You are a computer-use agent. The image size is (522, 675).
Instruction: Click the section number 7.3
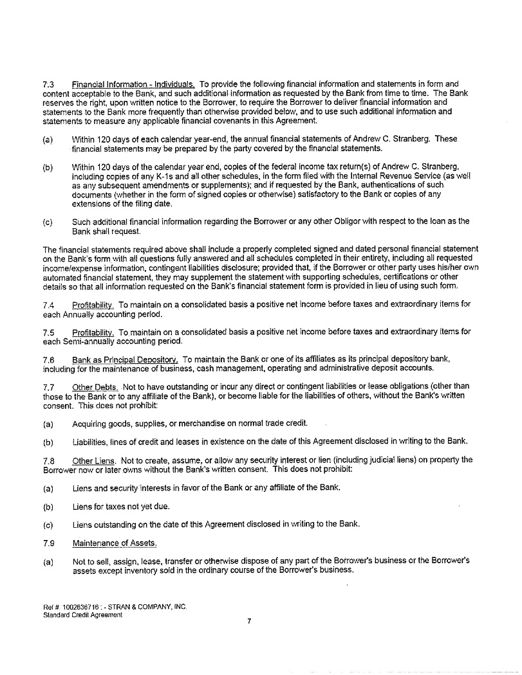coord(48,84)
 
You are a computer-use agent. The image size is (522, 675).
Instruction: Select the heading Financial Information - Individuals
coord(133,84)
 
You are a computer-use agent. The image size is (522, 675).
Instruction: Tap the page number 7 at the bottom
coord(248,621)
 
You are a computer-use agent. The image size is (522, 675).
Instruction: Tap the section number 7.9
coord(48,544)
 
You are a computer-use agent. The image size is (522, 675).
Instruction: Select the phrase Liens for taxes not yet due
coord(121,507)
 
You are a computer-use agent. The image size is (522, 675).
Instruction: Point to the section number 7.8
coord(48,460)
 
